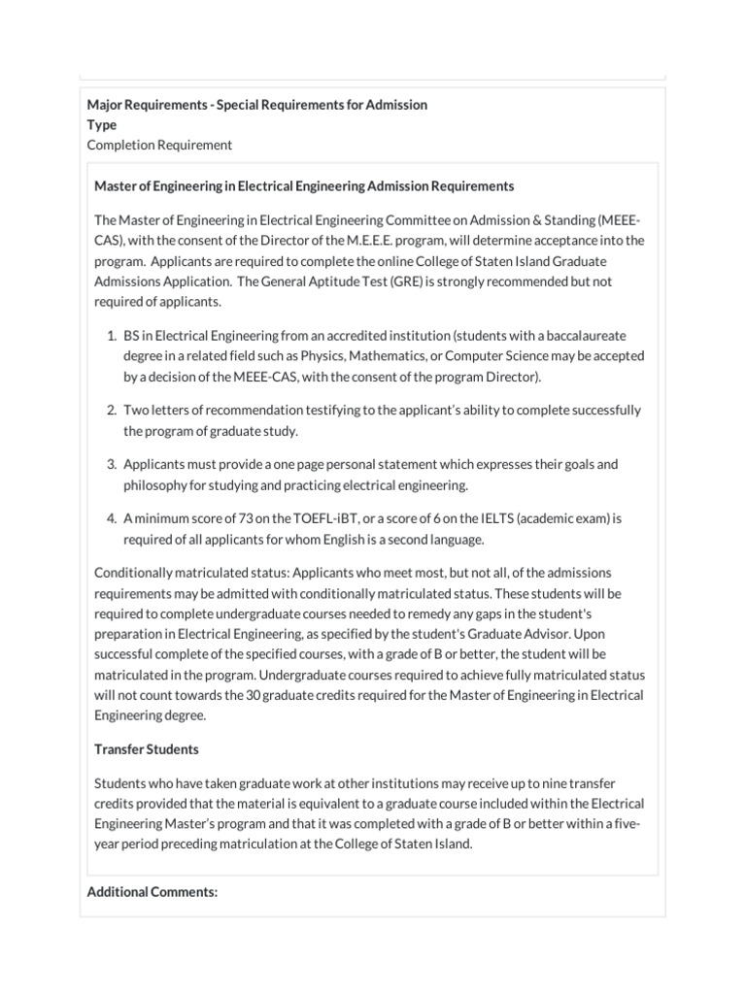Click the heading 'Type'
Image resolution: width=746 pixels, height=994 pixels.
click(102, 124)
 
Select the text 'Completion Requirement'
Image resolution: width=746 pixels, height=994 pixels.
click(159, 145)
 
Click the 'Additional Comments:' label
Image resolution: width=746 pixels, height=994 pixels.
click(152, 891)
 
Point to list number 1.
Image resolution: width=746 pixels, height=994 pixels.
click(111, 335)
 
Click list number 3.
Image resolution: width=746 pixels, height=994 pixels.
click(111, 465)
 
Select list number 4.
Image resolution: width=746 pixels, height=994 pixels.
click(111, 519)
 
